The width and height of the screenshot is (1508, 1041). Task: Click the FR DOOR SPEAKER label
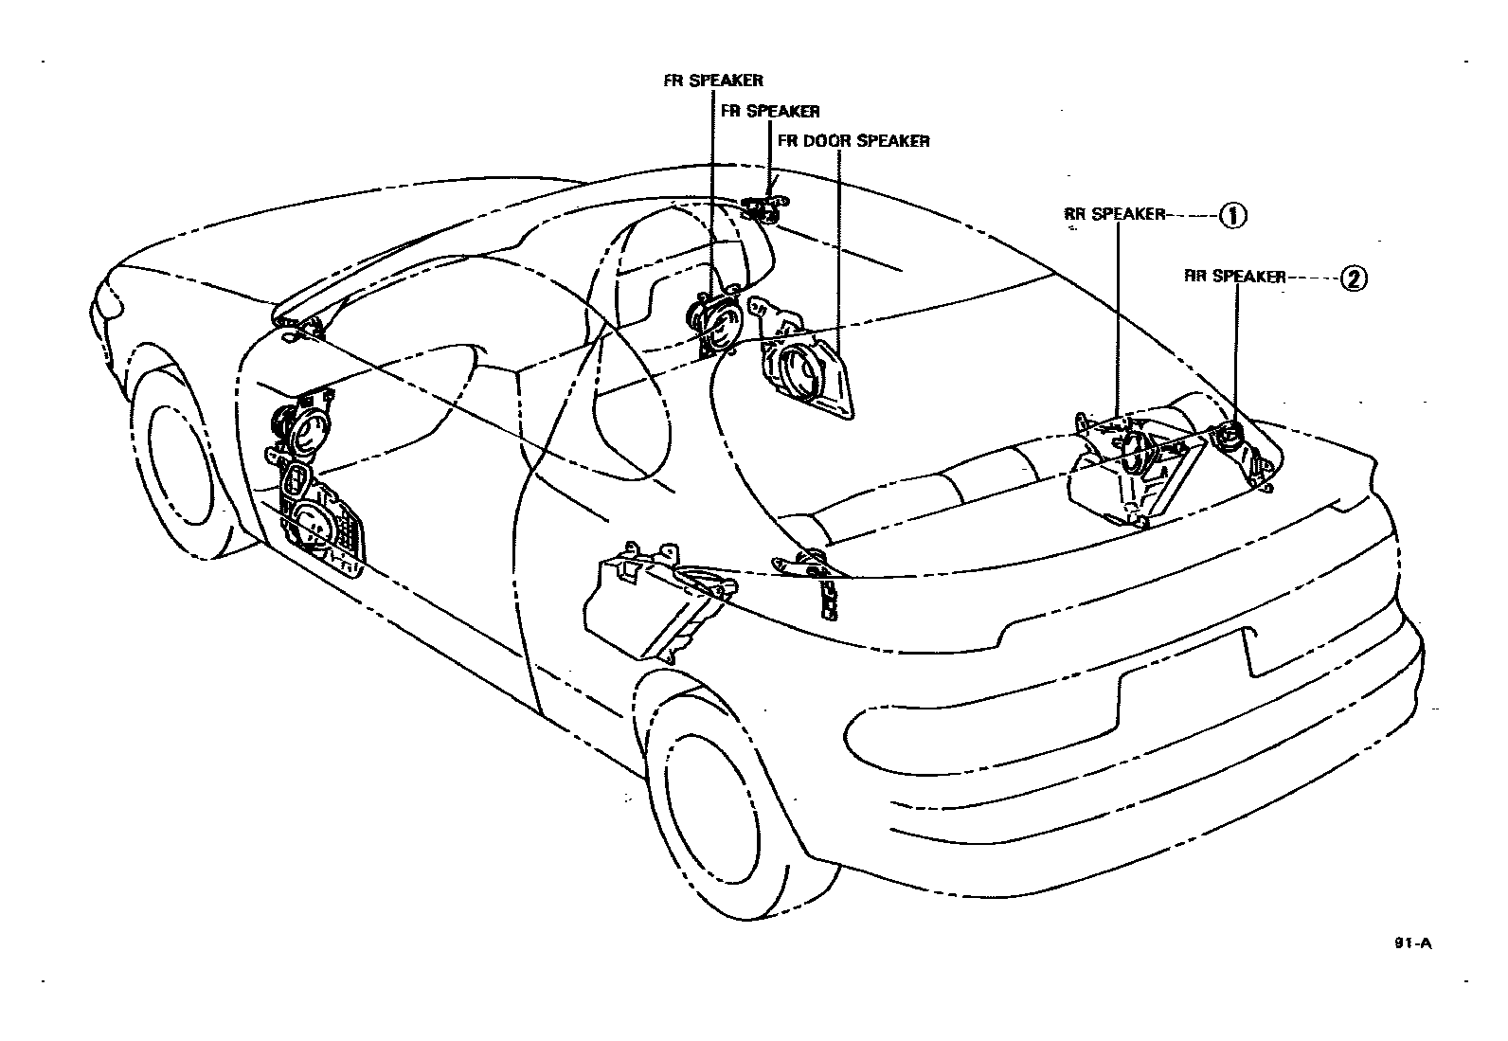(x=853, y=141)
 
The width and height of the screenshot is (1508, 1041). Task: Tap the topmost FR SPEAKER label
(x=712, y=81)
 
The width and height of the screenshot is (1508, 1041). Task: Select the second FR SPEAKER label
(x=770, y=111)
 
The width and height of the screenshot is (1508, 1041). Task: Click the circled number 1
(x=1232, y=215)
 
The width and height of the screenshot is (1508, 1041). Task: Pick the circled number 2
(x=1354, y=278)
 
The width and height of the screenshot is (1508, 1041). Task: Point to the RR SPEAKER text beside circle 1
(x=1114, y=215)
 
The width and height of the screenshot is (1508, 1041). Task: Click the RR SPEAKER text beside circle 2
(x=1235, y=278)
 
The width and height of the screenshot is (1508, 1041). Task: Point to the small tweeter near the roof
(x=763, y=210)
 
